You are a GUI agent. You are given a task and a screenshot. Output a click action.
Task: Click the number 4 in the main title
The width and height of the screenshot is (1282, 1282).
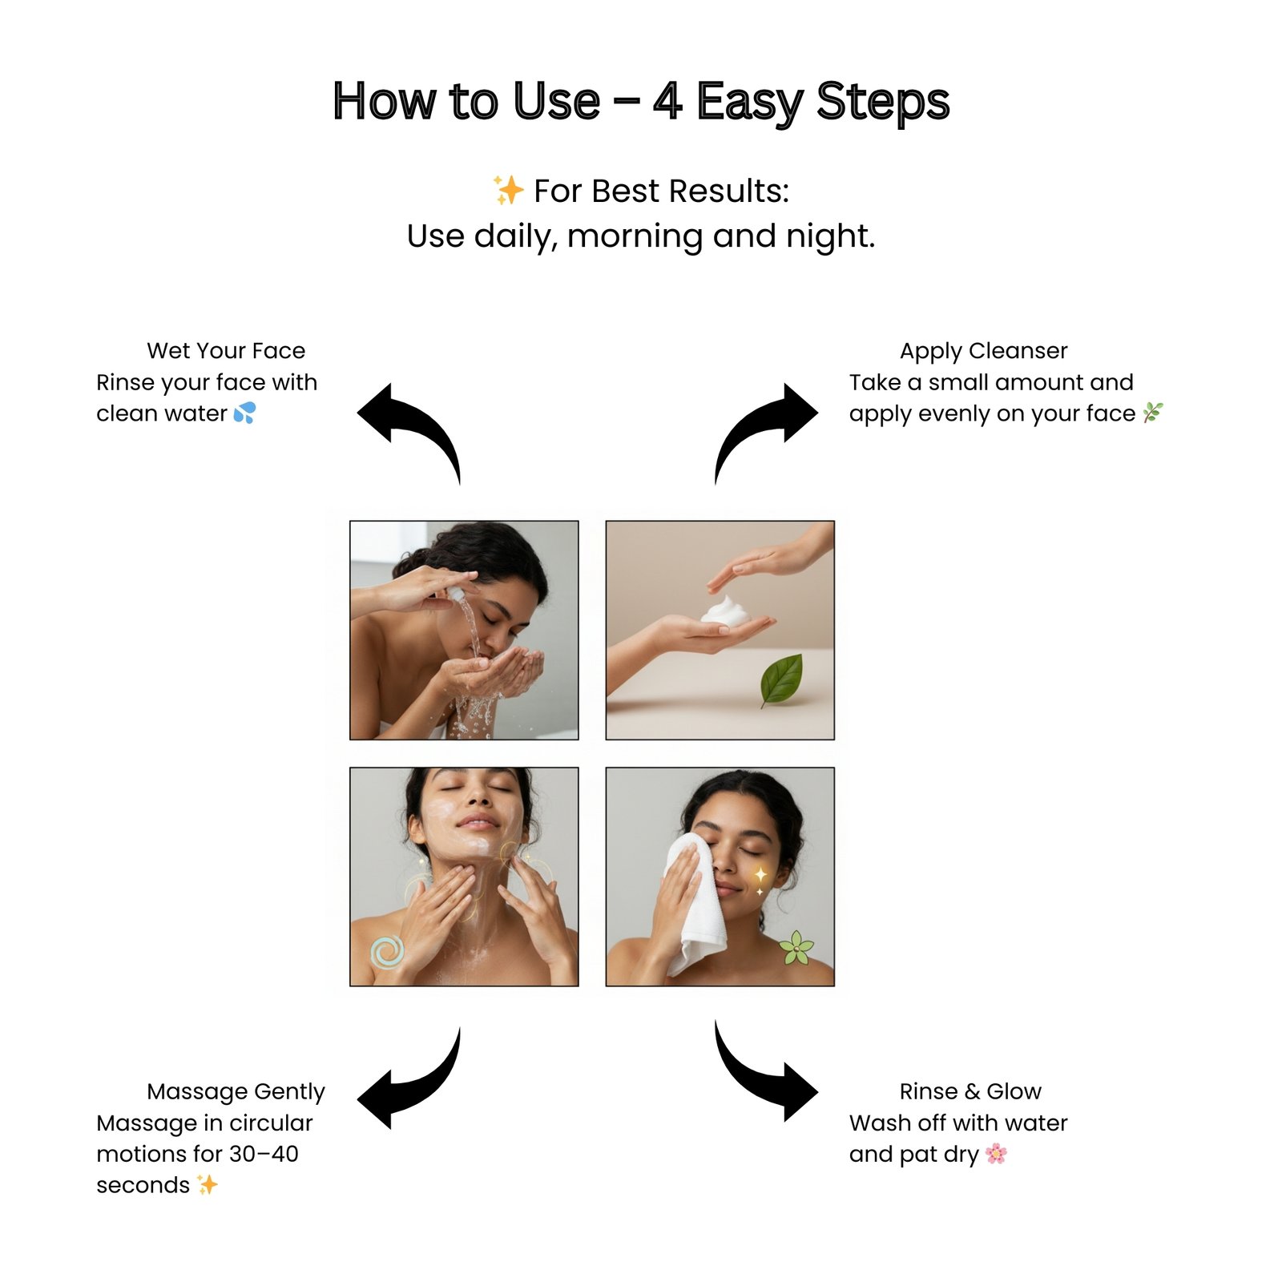[x=667, y=102]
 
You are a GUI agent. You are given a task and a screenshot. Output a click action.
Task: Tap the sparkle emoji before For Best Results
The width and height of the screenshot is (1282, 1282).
[x=507, y=191]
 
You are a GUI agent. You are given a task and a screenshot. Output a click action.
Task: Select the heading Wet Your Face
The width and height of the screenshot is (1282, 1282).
[x=226, y=351]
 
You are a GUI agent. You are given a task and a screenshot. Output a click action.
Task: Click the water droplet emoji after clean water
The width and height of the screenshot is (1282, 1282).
[x=244, y=413]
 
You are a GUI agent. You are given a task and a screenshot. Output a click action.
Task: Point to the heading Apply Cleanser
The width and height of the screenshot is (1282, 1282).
[x=983, y=351]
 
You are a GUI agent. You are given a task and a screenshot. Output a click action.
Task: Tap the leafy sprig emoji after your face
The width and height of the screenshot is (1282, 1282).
[x=1152, y=413]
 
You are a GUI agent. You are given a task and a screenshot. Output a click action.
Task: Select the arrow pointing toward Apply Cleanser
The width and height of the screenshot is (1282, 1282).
[x=765, y=425]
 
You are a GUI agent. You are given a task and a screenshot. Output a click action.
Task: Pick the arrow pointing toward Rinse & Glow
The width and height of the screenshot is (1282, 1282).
[x=765, y=1078]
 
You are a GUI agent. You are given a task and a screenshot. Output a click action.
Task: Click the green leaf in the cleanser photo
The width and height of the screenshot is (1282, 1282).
[x=783, y=679]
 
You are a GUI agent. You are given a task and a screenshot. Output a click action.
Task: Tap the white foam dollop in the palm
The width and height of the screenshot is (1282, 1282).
[x=725, y=611]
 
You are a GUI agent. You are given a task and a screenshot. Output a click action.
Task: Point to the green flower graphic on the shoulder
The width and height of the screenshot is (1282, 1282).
[x=796, y=949]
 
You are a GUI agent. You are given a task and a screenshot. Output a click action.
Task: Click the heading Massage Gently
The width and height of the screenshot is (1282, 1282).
[x=236, y=1091]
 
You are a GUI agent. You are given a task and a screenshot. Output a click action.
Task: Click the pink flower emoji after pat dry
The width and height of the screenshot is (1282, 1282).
[x=996, y=1154]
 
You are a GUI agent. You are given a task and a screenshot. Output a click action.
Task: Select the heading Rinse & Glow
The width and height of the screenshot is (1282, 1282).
[x=970, y=1091]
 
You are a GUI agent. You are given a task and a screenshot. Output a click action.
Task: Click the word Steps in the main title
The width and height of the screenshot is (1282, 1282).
[x=882, y=102]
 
